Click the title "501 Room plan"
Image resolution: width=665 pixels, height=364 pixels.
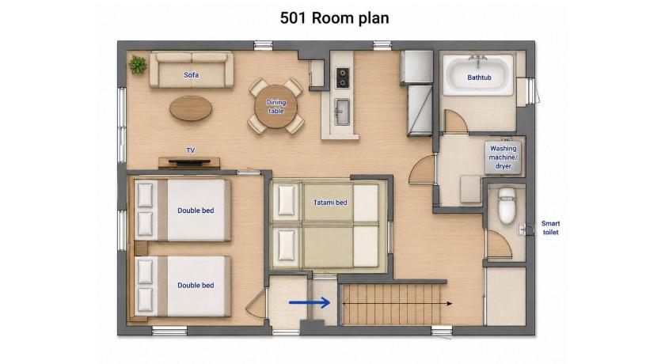tap(334, 18)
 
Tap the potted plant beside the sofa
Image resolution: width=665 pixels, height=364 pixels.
tap(138, 65)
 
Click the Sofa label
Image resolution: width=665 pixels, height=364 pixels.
tap(191, 75)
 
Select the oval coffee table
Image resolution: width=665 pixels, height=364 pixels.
tap(191, 108)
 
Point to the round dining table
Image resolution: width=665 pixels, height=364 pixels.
tap(275, 106)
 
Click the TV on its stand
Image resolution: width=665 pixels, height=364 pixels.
tap(189, 162)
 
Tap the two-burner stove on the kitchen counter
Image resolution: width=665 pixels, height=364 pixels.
tap(342, 78)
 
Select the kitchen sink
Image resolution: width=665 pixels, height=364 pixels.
tap(342, 112)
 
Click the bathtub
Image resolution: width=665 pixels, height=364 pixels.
tap(478, 76)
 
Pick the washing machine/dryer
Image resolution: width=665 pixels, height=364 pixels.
tap(503, 157)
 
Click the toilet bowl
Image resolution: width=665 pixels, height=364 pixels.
tap(507, 206)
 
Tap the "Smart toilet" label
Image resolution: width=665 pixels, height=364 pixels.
tap(550, 228)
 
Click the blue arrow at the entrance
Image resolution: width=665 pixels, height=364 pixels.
tap(310, 302)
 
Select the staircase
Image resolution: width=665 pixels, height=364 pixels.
tap(393, 304)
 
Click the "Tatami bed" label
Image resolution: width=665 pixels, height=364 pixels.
tap(330, 203)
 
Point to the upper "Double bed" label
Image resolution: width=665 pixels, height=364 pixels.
tap(196, 210)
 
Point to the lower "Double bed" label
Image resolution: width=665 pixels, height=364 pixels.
tap(196, 285)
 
